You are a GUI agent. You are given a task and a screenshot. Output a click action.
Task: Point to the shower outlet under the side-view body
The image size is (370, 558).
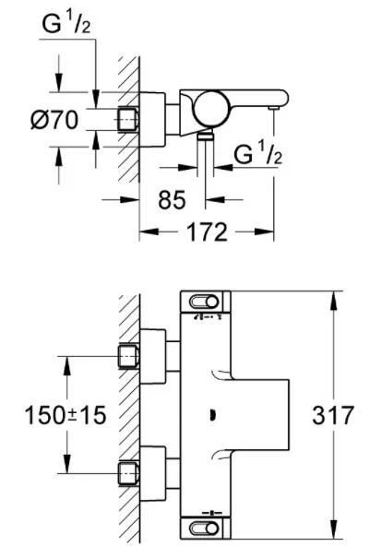pyautogui.click(x=205, y=135)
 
